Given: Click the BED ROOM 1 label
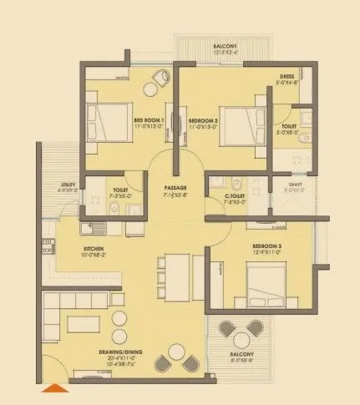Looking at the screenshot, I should pos(149,119).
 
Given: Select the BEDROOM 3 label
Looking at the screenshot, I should pos(267,246).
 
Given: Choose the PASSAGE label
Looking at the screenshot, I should pos(175,187).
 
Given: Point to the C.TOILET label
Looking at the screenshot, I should pos(234,196).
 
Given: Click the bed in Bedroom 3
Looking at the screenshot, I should pos(267,279).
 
